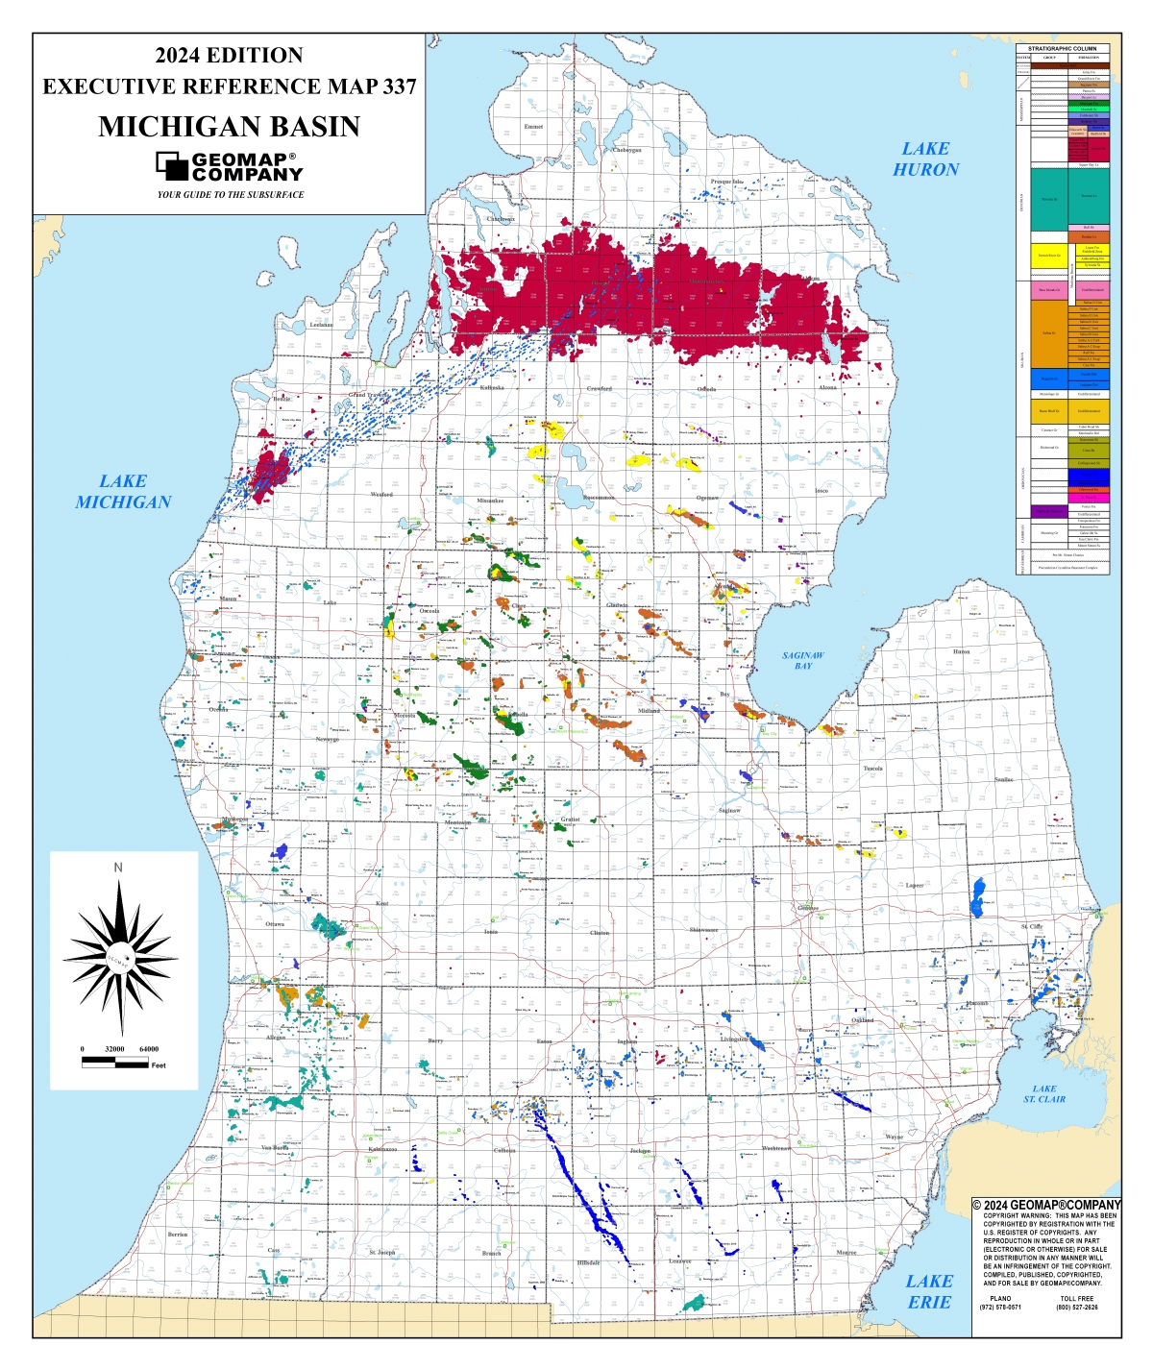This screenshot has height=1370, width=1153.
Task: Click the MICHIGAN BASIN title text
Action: [x=229, y=126]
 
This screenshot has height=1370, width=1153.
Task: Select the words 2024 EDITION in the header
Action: [x=229, y=56]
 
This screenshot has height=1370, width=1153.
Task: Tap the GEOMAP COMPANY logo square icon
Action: [x=172, y=166]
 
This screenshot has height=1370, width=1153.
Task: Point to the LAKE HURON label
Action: [x=925, y=159]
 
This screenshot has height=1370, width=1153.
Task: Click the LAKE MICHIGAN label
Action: [x=123, y=491]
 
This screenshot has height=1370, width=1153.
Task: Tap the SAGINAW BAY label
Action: [x=802, y=660]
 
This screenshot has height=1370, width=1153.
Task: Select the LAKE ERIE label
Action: [x=929, y=1291]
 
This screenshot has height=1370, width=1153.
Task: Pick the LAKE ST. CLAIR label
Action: [x=1044, y=1093]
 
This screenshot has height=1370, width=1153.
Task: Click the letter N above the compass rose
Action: [x=118, y=868]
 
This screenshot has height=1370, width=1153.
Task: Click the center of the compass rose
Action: [x=119, y=958]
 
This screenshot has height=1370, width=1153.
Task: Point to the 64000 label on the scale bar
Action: [x=149, y=1049]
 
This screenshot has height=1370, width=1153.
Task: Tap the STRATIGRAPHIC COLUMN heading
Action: [x=1062, y=48]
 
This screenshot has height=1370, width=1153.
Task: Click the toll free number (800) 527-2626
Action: [x=1076, y=1307]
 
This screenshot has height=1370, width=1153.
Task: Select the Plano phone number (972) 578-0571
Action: [x=1000, y=1307]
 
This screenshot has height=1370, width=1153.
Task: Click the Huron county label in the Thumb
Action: [x=961, y=651]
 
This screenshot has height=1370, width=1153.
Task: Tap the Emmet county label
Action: [x=533, y=126]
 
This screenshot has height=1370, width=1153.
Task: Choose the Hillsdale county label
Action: [x=588, y=1262]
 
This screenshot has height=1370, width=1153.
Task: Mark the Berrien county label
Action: [x=178, y=1234]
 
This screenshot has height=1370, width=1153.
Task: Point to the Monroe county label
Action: [x=846, y=1253]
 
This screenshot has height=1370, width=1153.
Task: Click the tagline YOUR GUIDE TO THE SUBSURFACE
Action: [x=231, y=195]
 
